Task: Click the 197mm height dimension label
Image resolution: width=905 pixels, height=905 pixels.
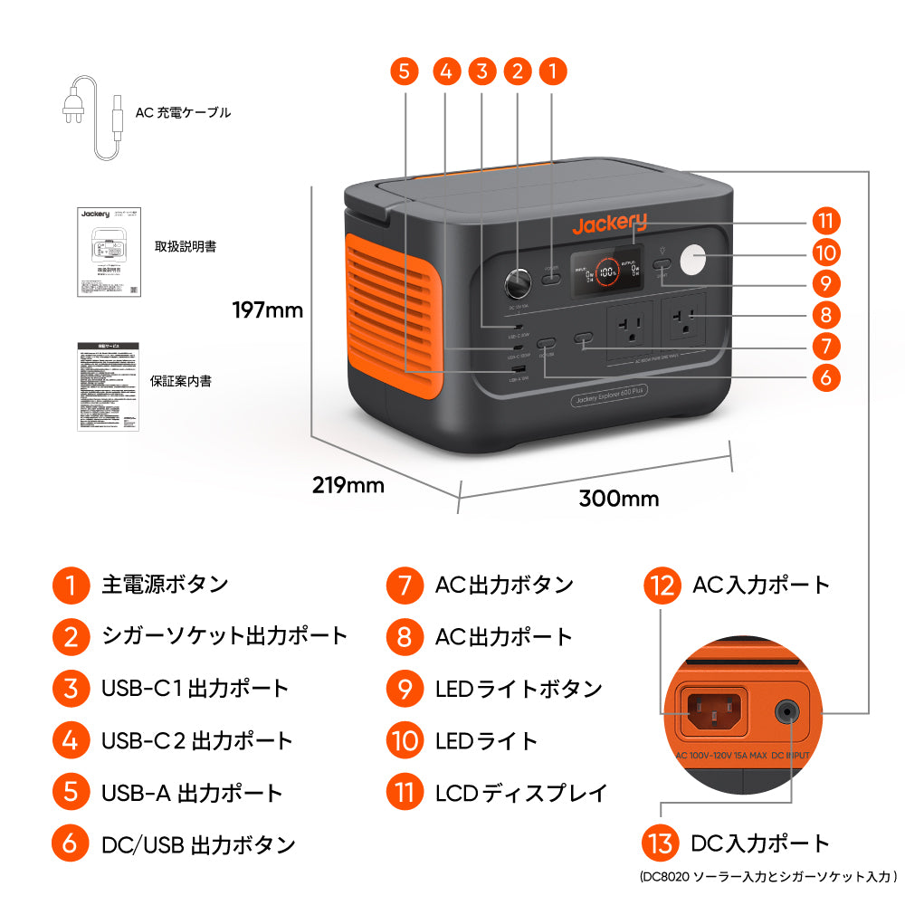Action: coord(267,310)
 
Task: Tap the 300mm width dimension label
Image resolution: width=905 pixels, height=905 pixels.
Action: coord(619,498)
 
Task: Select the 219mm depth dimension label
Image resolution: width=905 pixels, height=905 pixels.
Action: coord(348,485)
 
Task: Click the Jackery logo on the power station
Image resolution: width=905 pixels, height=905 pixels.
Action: coord(609,224)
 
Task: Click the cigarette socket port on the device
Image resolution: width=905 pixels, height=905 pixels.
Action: coord(518,284)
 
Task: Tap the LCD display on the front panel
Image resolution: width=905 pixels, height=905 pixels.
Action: coord(606,271)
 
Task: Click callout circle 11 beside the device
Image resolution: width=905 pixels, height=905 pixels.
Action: coord(825,221)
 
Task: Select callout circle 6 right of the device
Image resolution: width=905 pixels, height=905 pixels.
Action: coord(825,376)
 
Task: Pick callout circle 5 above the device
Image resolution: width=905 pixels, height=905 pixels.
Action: coord(405,71)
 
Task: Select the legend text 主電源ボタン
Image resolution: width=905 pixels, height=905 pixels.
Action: coord(165,585)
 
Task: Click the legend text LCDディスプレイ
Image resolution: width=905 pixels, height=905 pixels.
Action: coord(521,794)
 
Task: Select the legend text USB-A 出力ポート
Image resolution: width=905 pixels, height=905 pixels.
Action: coord(192,794)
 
